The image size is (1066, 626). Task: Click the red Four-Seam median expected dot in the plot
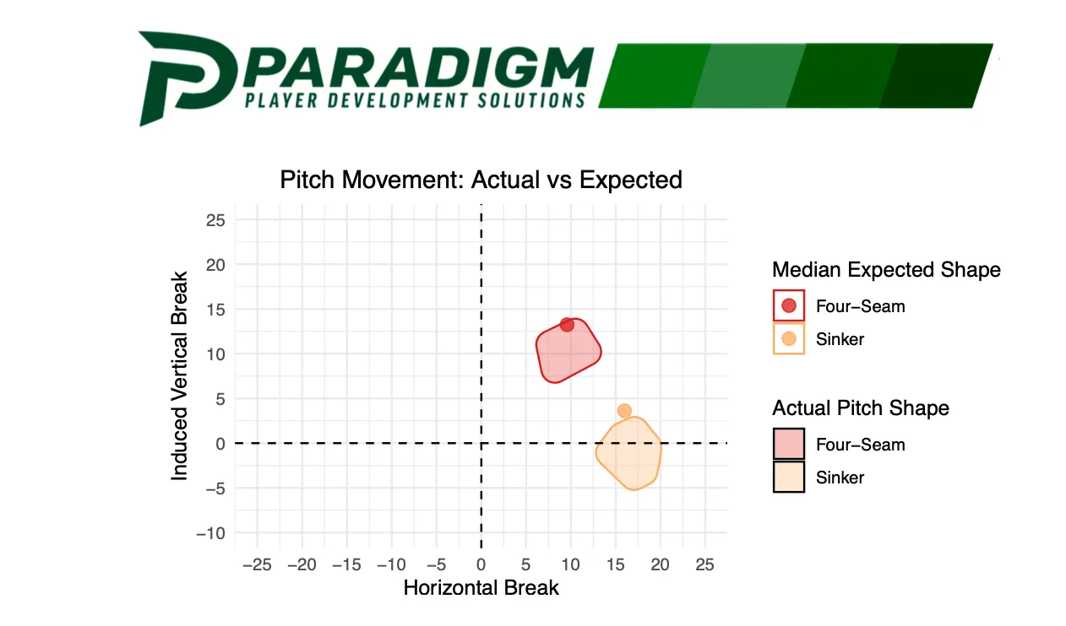567,325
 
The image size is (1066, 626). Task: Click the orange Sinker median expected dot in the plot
624,411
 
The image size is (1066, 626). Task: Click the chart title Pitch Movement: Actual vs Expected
481,180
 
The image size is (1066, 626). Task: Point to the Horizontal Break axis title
481,587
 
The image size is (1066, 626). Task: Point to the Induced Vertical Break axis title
179,376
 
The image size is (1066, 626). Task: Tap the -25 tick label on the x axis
257,564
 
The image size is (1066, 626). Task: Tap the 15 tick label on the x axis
615,564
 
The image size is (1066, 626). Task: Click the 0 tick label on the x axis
481,564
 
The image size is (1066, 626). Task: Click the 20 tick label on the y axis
215,264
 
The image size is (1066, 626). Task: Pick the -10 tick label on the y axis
210,533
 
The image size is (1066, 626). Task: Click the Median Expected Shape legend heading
885,270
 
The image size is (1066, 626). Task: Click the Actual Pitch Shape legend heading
860,408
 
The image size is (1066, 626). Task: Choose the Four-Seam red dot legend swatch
789,306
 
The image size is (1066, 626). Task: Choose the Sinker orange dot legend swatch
789,339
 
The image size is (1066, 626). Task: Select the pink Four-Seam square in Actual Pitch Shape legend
789,445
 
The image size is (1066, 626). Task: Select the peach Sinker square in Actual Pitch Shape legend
789,478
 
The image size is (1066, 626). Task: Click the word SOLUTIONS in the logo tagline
527,100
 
